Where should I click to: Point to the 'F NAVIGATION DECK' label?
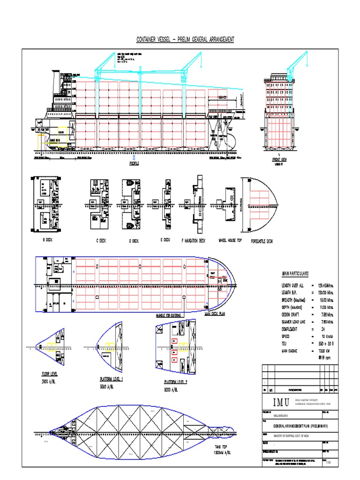coord(193,240)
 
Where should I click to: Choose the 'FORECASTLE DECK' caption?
coord(262,241)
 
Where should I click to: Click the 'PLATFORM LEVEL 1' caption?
coord(111,379)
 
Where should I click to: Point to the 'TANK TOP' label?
coord(221,447)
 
